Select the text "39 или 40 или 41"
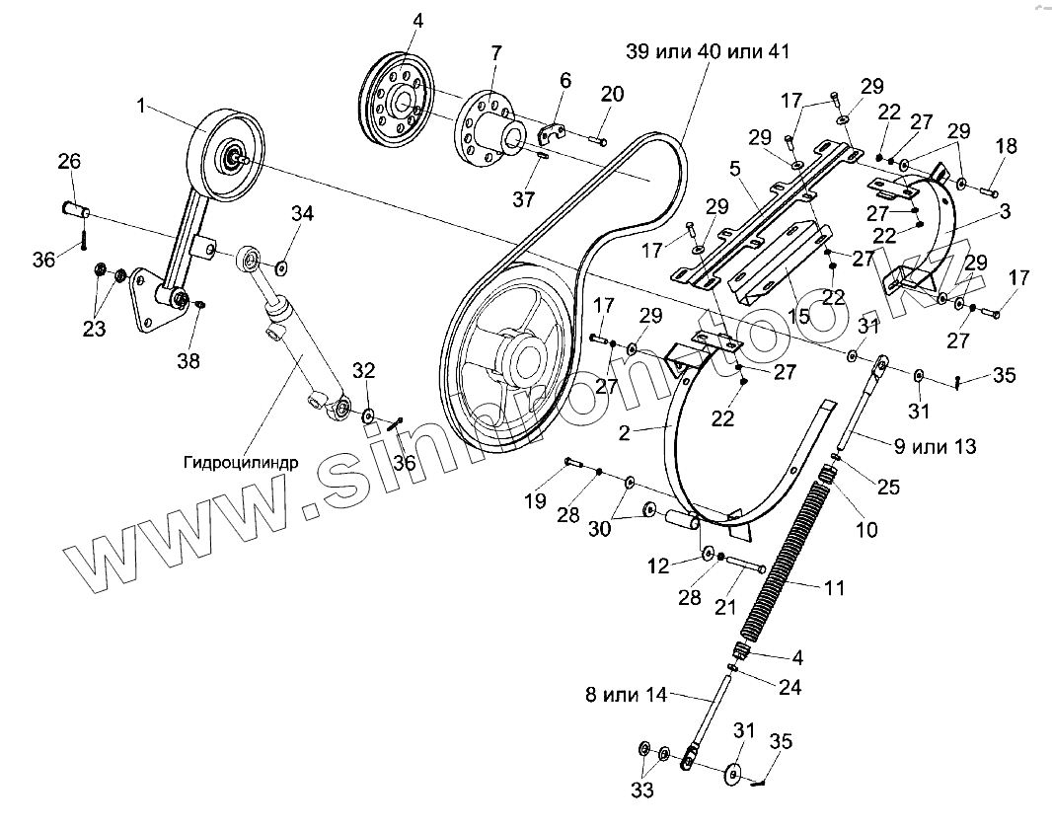click(707, 52)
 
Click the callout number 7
click(495, 50)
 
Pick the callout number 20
click(612, 94)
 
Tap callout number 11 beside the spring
click(835, 588)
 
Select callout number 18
click(1005, 146)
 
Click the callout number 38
click(188, 361)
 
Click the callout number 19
click(535, 501)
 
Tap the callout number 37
click(523, 199)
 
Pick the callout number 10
click(865, 530)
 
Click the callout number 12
click(658, 566)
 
